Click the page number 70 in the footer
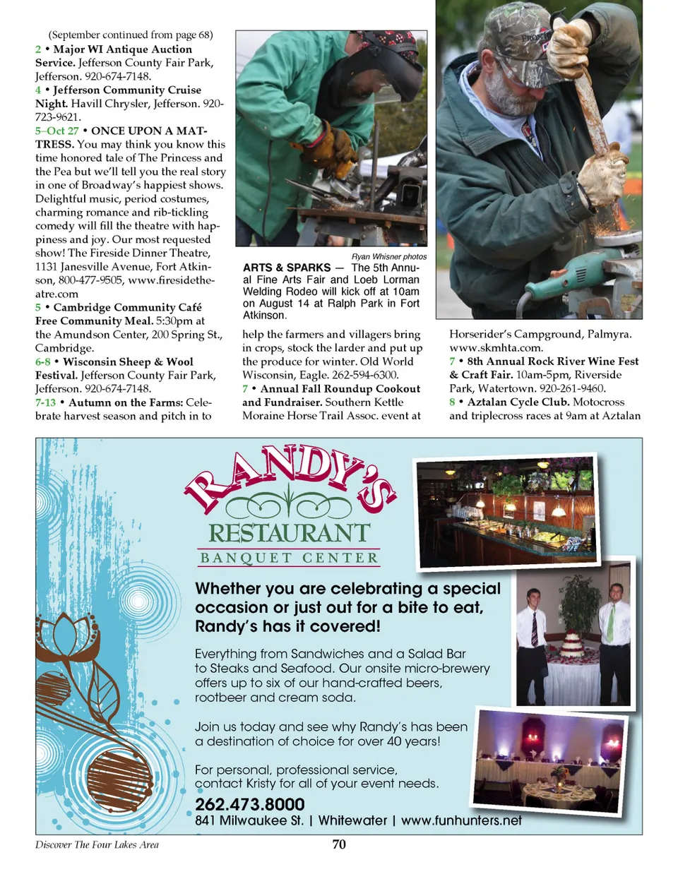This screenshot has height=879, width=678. (339, 844)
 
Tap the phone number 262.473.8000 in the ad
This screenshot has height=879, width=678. (250, 804)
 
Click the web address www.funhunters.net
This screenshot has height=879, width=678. (461, 820)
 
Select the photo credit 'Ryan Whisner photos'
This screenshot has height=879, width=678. (388, 256)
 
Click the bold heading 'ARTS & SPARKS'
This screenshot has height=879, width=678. (287, 268)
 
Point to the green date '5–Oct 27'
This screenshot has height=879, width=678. (57, 131)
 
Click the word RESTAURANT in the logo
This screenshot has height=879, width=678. (289, 533)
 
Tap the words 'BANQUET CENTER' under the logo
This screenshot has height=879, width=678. (289, 558)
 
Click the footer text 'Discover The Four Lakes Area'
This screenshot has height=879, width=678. (97, 844)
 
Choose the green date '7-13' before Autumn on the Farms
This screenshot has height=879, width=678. (45, 402)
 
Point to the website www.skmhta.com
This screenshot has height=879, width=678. (496, 347)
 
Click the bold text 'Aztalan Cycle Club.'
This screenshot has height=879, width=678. (518, 402)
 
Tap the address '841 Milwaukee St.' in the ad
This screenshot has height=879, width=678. (249, 820)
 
